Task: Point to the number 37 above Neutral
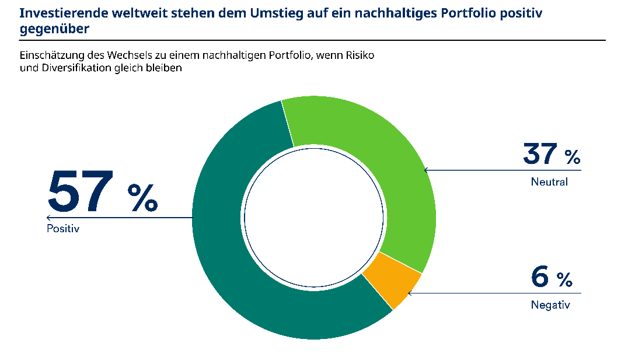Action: tap(540, 154)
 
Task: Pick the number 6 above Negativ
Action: tap(540, 277)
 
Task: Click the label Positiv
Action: tap(62, 229)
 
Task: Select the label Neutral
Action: tap(549, 181)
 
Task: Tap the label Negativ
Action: tap(550, 305)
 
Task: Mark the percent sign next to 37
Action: tap(572, 157)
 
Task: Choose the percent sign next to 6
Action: tap(564, 280)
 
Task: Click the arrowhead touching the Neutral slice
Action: tap(426, 170)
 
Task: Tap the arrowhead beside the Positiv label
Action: tap(48, 218)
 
